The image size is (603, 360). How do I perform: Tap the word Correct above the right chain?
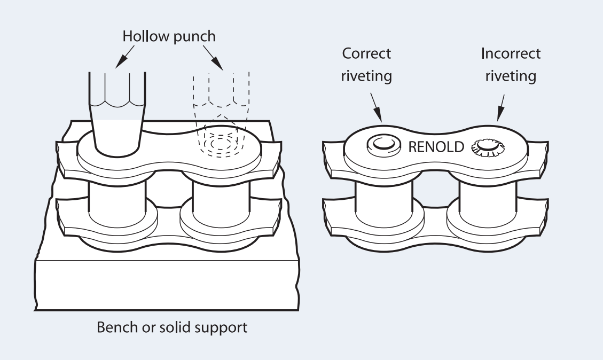click(366, 54)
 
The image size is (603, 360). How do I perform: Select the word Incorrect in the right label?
click(511, 54)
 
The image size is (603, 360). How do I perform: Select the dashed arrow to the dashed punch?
click(215, 59)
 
